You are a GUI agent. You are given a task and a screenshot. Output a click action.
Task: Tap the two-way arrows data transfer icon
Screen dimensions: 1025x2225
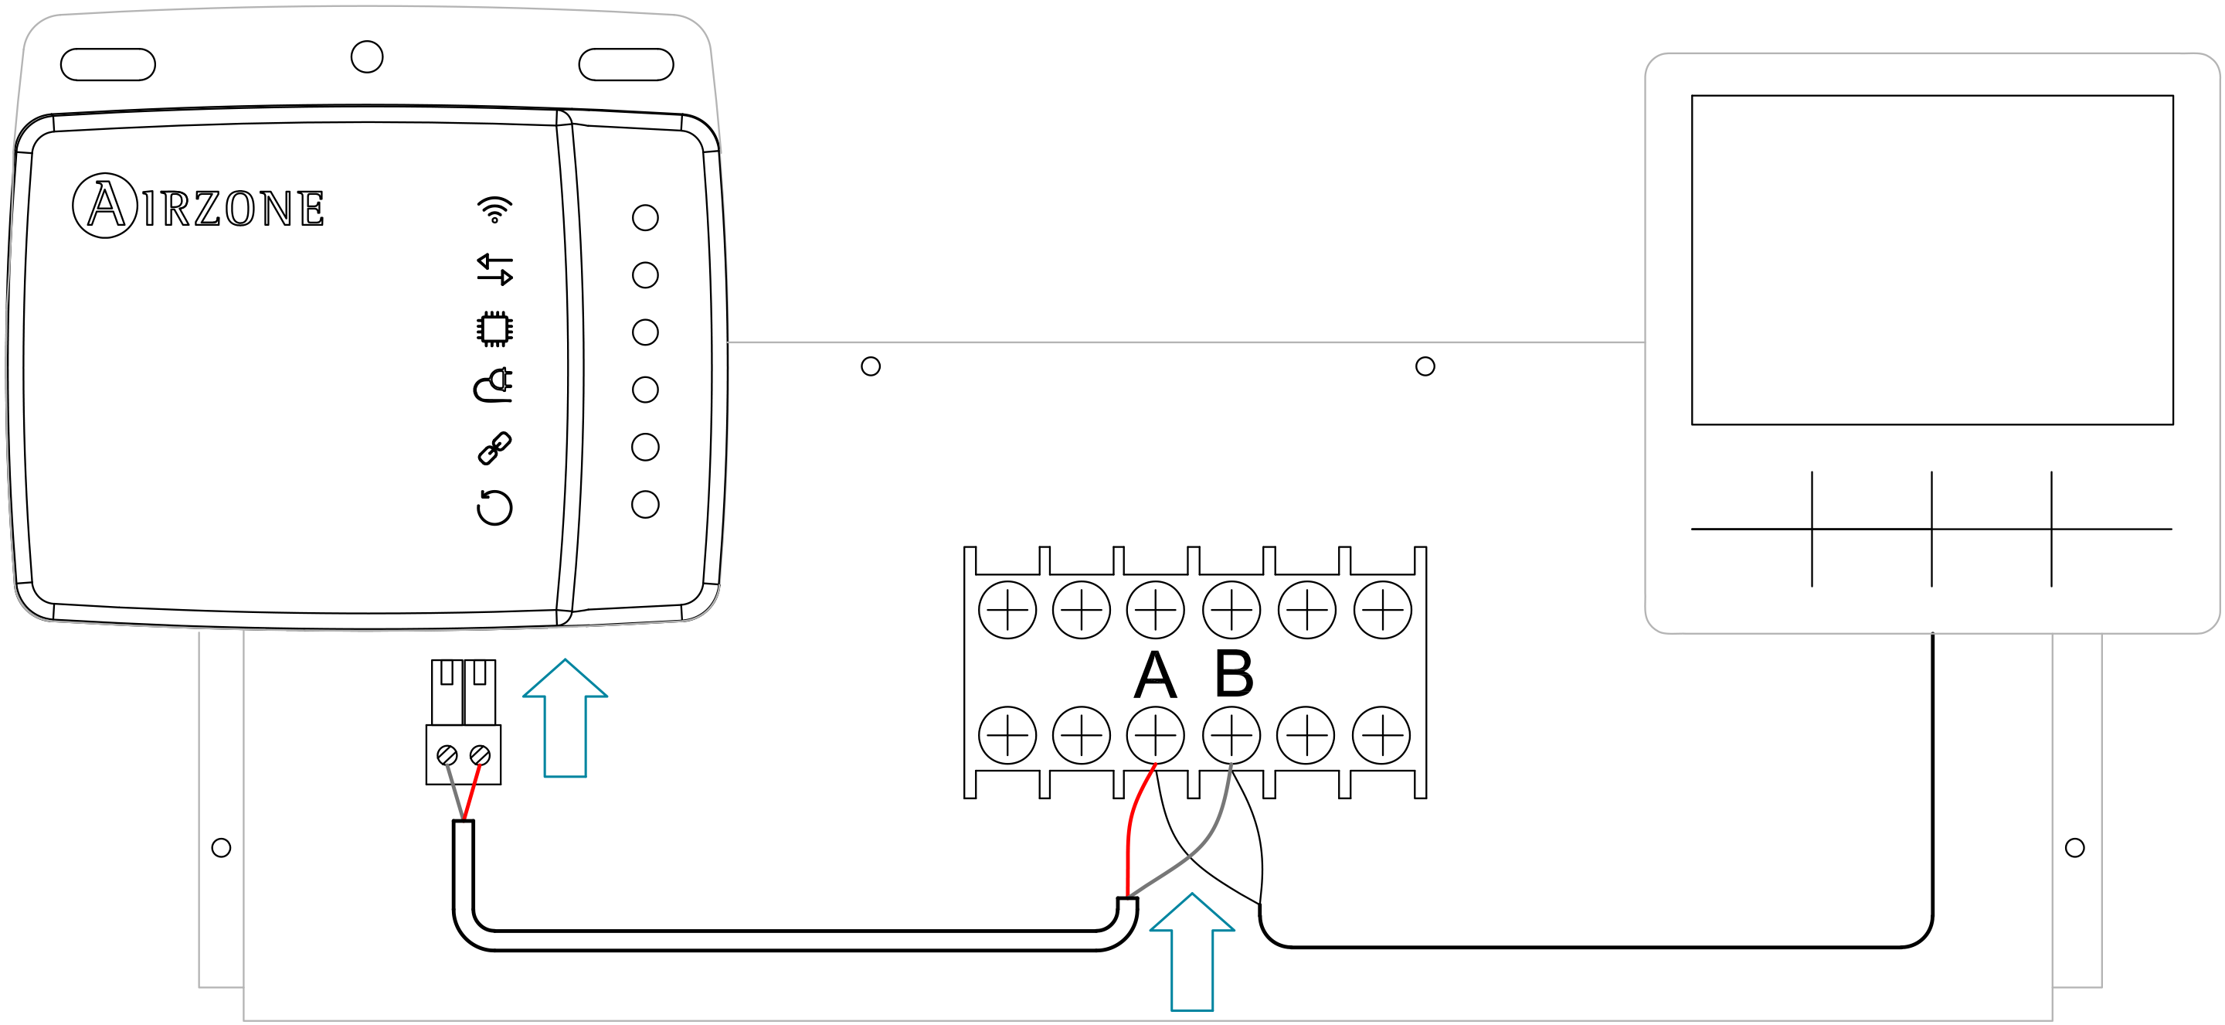click(x=495, y=269)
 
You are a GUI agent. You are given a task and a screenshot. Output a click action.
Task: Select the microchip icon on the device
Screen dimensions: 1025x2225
click(x=495, y=329)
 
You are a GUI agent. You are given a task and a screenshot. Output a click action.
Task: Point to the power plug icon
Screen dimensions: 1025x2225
click(x=494, y=386)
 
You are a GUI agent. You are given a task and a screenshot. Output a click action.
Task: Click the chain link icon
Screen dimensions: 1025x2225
click(x=495, y=448)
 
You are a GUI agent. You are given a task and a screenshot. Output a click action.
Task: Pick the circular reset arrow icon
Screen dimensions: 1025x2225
click(x=495, y=506)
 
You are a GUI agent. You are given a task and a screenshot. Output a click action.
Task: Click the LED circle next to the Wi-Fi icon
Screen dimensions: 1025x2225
click(x=645, y=218)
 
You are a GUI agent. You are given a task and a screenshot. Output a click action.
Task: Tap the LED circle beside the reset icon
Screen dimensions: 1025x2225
click(x=645, y=505)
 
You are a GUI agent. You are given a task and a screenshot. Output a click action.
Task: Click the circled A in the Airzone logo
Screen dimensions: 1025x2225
click(x=105, y=205)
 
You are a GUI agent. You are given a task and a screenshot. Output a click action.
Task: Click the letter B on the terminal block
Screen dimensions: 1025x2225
click(x=1234, y=674)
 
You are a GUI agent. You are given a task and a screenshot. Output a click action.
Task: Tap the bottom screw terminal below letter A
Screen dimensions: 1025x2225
click(x=1155, y=734)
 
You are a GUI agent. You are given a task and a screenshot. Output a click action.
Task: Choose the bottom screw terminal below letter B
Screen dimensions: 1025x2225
click(x=1231, y=734)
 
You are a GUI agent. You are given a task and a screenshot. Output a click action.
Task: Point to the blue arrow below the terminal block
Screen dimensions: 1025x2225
click(x=1192, y=951)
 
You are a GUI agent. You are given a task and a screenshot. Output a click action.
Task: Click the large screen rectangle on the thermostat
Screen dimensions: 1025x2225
click(x=1932, y=259)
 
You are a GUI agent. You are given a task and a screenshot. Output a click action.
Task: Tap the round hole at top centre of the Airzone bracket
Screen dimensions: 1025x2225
click(x=367, y=57)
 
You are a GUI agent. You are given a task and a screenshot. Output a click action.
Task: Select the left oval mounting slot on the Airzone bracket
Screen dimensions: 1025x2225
click(x=108, y=65)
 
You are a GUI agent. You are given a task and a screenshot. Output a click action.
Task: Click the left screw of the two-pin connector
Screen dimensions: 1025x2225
click(x=447, y=755)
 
